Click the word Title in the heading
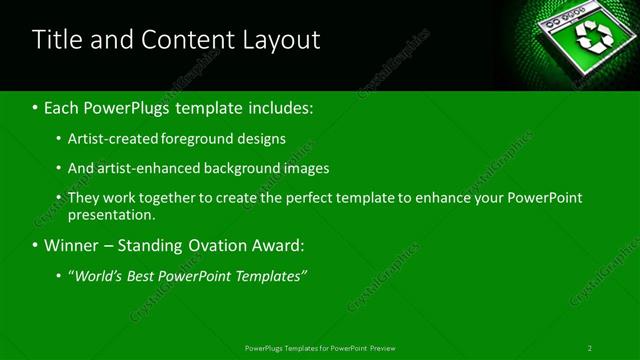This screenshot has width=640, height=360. point(58,40)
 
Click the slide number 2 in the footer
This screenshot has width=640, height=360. point(590,347)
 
